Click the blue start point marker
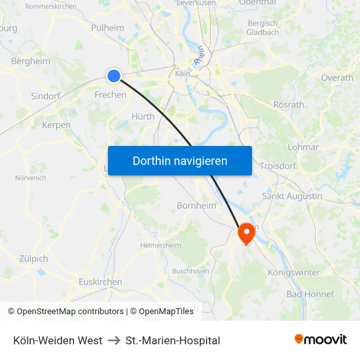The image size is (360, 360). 114,76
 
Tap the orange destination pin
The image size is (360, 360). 247,233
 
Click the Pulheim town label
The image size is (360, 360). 107,27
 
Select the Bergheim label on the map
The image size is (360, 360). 31,61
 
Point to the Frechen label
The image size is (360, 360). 111,95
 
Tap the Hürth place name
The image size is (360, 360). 143,117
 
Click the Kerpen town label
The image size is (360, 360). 56,125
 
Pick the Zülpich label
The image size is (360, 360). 34,258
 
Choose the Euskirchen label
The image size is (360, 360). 100,281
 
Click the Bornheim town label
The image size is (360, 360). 196,206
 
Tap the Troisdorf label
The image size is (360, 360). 278,166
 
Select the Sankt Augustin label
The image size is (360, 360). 292,196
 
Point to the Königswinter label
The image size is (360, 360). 294,272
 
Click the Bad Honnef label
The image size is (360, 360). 310,294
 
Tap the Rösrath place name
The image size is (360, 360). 289,104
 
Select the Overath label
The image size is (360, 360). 337,77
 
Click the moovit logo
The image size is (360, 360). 321,339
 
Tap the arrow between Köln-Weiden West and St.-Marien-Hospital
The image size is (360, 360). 114,340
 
